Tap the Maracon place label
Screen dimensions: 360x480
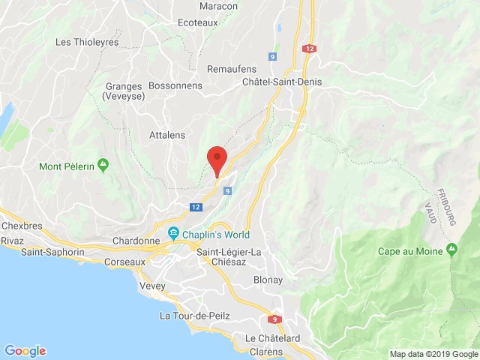click(x=219, y=6)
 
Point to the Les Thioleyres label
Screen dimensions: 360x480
click(x=88, y=42)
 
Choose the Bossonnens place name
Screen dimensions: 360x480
click(x=175, y=86)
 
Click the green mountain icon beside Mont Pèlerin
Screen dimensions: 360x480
click(x=103, y=164)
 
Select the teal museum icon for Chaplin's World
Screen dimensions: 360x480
click(x=174, y=233)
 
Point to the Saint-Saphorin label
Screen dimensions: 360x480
click(x=52, y=252)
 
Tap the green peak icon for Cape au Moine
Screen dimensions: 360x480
click(x=451, y=249)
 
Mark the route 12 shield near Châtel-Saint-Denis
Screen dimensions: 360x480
click(x=310, y=48)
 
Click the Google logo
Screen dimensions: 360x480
click(x=25, y=350)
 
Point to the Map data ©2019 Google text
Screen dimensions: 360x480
click(x=433, y=354)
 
